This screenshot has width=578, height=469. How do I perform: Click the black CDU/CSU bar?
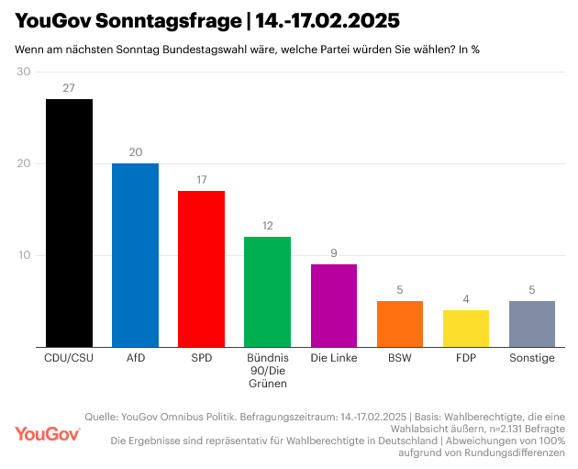(x=69, y=223)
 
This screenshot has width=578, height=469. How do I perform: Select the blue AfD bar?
(x=135, y=255)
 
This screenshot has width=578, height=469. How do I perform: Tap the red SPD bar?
(x=201, y=269)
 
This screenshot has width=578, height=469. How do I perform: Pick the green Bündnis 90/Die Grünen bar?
(x=267, y=292)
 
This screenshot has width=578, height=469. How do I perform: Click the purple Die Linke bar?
(x=334, y=306)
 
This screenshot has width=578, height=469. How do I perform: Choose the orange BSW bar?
(x=400, y=324)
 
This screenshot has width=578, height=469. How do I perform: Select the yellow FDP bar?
(x=466, y=329)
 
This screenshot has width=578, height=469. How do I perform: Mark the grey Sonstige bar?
(x=532, y=324)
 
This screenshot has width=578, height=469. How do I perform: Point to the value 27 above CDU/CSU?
(x=69, y=88)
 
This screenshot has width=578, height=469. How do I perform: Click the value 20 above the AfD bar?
(x=135, y=152)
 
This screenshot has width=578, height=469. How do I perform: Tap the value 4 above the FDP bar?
(x=466, y=299)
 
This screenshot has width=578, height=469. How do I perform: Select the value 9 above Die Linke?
(x=334, y=253)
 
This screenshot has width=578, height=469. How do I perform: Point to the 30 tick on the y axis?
(x=24, y=72)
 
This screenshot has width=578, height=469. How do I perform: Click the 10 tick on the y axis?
(x=24, y=255)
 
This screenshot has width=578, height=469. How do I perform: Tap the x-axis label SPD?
(x=201, y=358)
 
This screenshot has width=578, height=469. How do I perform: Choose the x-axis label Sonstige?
(x=532, y=358)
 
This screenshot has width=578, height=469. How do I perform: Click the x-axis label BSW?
(x=400, y=358)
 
